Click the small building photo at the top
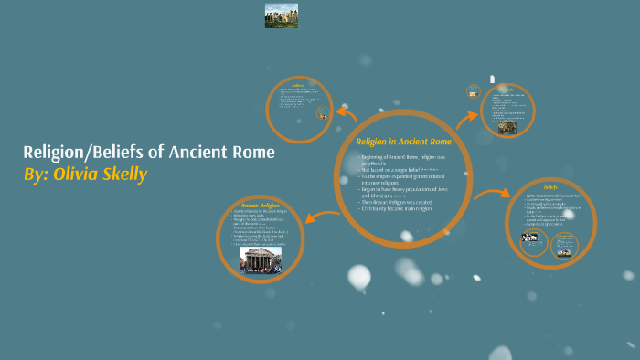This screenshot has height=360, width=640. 281,16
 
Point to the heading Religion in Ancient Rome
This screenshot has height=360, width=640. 403,142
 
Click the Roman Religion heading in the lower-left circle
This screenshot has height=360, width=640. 260,206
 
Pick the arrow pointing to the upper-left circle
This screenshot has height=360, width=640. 347,115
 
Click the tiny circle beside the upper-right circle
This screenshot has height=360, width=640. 473,91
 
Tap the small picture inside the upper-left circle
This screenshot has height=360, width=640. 322,114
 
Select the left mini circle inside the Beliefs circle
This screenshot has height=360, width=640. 533,241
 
